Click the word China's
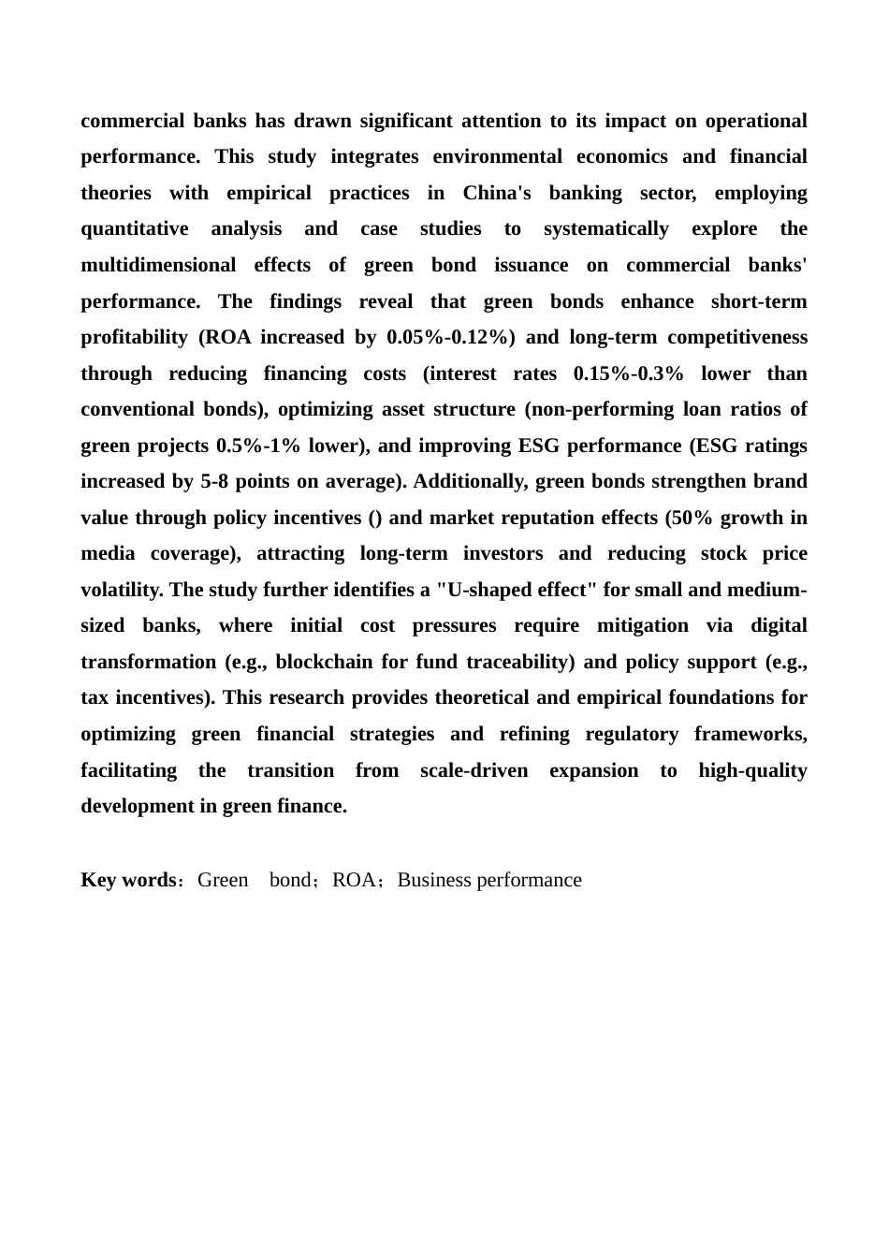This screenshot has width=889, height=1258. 496,193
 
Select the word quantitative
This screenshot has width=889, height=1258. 134,229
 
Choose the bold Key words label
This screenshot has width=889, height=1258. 128,880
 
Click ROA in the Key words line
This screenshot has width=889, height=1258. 354,880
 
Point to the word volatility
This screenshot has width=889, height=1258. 122,590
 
